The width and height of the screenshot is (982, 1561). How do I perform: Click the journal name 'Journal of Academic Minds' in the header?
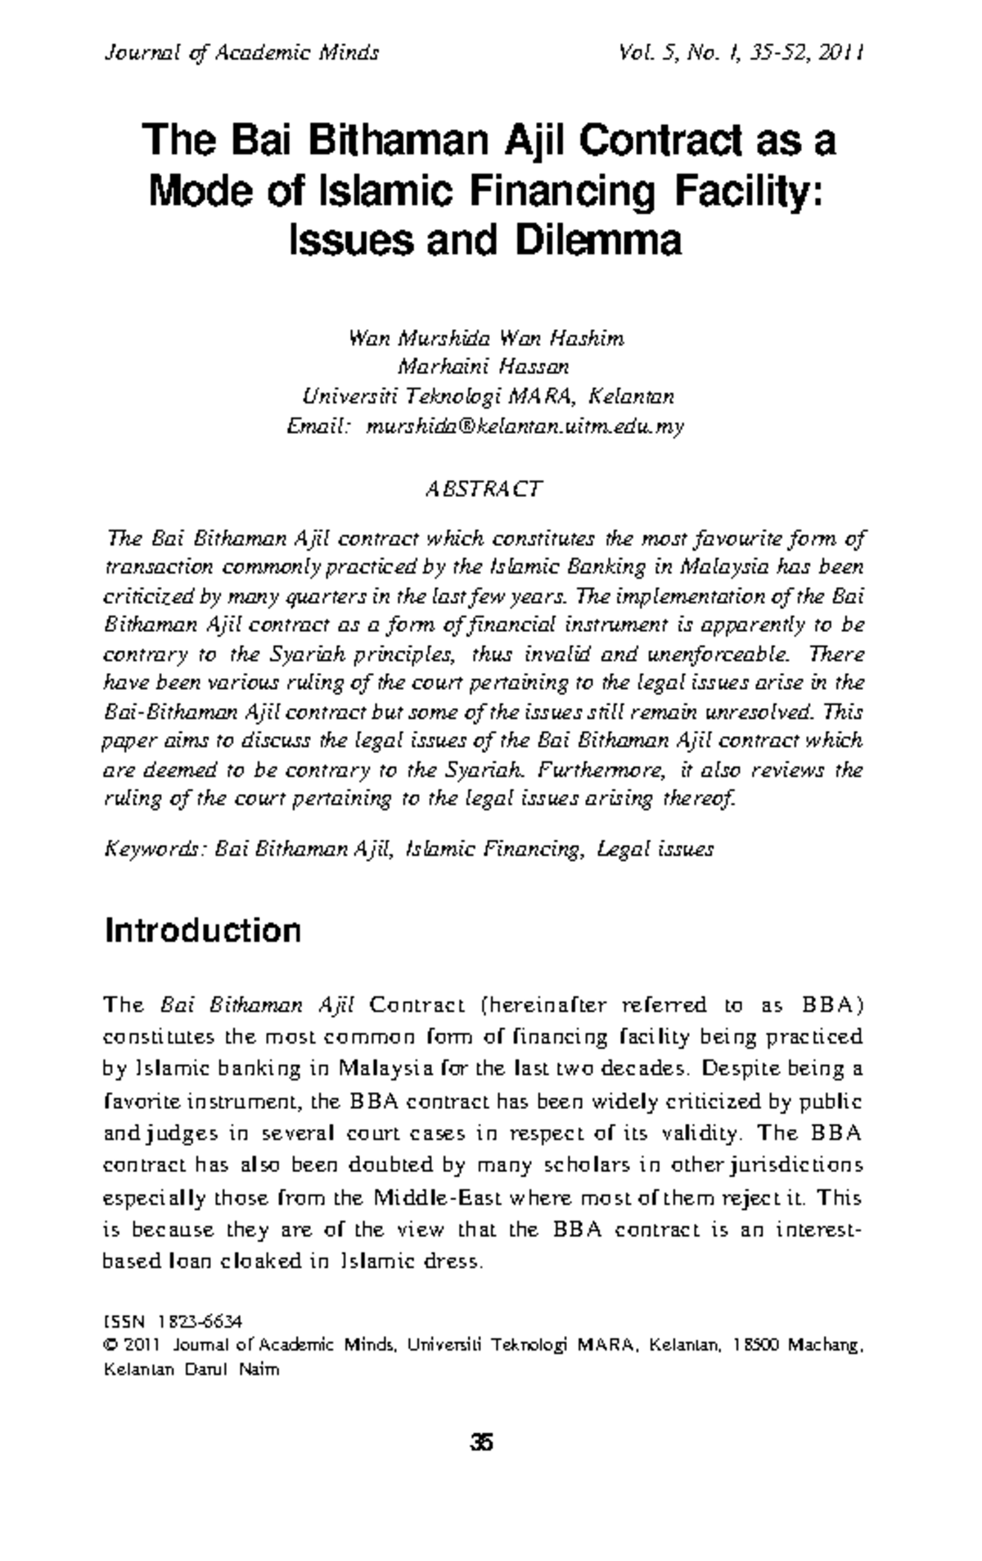[x=241, y=54]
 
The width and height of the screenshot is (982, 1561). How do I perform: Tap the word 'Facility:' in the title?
[x=748, y=191]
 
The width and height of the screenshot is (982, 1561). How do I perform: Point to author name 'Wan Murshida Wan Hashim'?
[x=486, y=338]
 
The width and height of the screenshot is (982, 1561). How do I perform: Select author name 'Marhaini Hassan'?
[x=483, y=367]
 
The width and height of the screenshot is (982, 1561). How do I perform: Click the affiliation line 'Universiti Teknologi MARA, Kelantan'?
[x=489, y=397]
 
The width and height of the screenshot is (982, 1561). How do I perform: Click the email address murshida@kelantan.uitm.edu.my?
[x=524, y=426]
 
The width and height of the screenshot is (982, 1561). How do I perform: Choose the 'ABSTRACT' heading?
[x=483, y=490]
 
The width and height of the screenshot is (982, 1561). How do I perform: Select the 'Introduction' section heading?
[x=203, y=931]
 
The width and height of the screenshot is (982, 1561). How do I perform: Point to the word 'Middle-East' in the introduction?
[x=438, y=1198]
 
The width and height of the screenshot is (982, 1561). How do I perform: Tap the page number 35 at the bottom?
[x=482, y=1442]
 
